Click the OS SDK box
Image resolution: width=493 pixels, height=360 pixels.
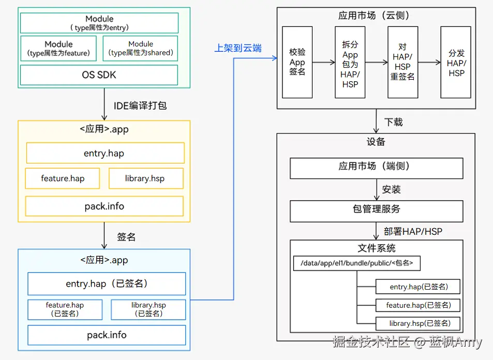click(x=99, y=75)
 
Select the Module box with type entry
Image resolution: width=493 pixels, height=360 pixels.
click(x=99, y=23)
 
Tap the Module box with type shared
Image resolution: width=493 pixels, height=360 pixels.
click(x=140, y=49)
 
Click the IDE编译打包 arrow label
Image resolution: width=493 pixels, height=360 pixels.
click(x=140, y=106)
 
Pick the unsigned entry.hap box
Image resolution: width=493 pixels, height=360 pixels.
click(x=105, y=153)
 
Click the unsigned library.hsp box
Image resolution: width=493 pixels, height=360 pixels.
click(x=145, y=178)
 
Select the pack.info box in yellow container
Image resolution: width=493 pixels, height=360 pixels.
click(x=104, y=206)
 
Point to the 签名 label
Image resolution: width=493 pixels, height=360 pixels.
click(x=126, y=237)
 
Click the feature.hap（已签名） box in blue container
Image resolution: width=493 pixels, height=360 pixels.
click(x=64, y=309)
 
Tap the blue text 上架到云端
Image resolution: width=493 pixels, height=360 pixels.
click(x=238, y=48)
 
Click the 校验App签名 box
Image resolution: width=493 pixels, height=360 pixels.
click(x=297, y=62)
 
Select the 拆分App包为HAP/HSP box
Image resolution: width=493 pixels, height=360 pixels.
click(x=350, y=62)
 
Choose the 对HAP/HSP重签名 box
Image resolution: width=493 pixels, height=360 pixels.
click(x=402, y=62)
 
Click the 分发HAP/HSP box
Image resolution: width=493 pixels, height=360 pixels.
click(x=456, y=62)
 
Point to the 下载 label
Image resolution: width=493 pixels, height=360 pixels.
click(x=394, y=122)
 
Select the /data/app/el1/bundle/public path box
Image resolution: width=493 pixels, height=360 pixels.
click(x=356, y=263)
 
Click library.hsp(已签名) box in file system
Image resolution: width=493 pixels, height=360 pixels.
click(x=418, y=324)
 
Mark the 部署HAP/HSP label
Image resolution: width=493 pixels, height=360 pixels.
click(x=413, y=231)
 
